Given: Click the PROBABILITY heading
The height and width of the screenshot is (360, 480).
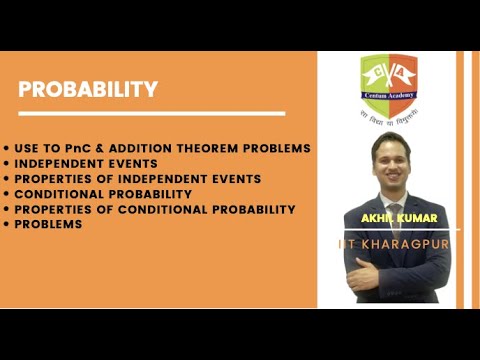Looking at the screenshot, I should click(88, 89).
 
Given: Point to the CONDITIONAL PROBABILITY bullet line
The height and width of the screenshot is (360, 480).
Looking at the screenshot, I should click(103, 193).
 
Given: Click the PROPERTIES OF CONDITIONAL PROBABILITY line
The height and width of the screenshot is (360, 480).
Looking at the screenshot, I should click(155, 209).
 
